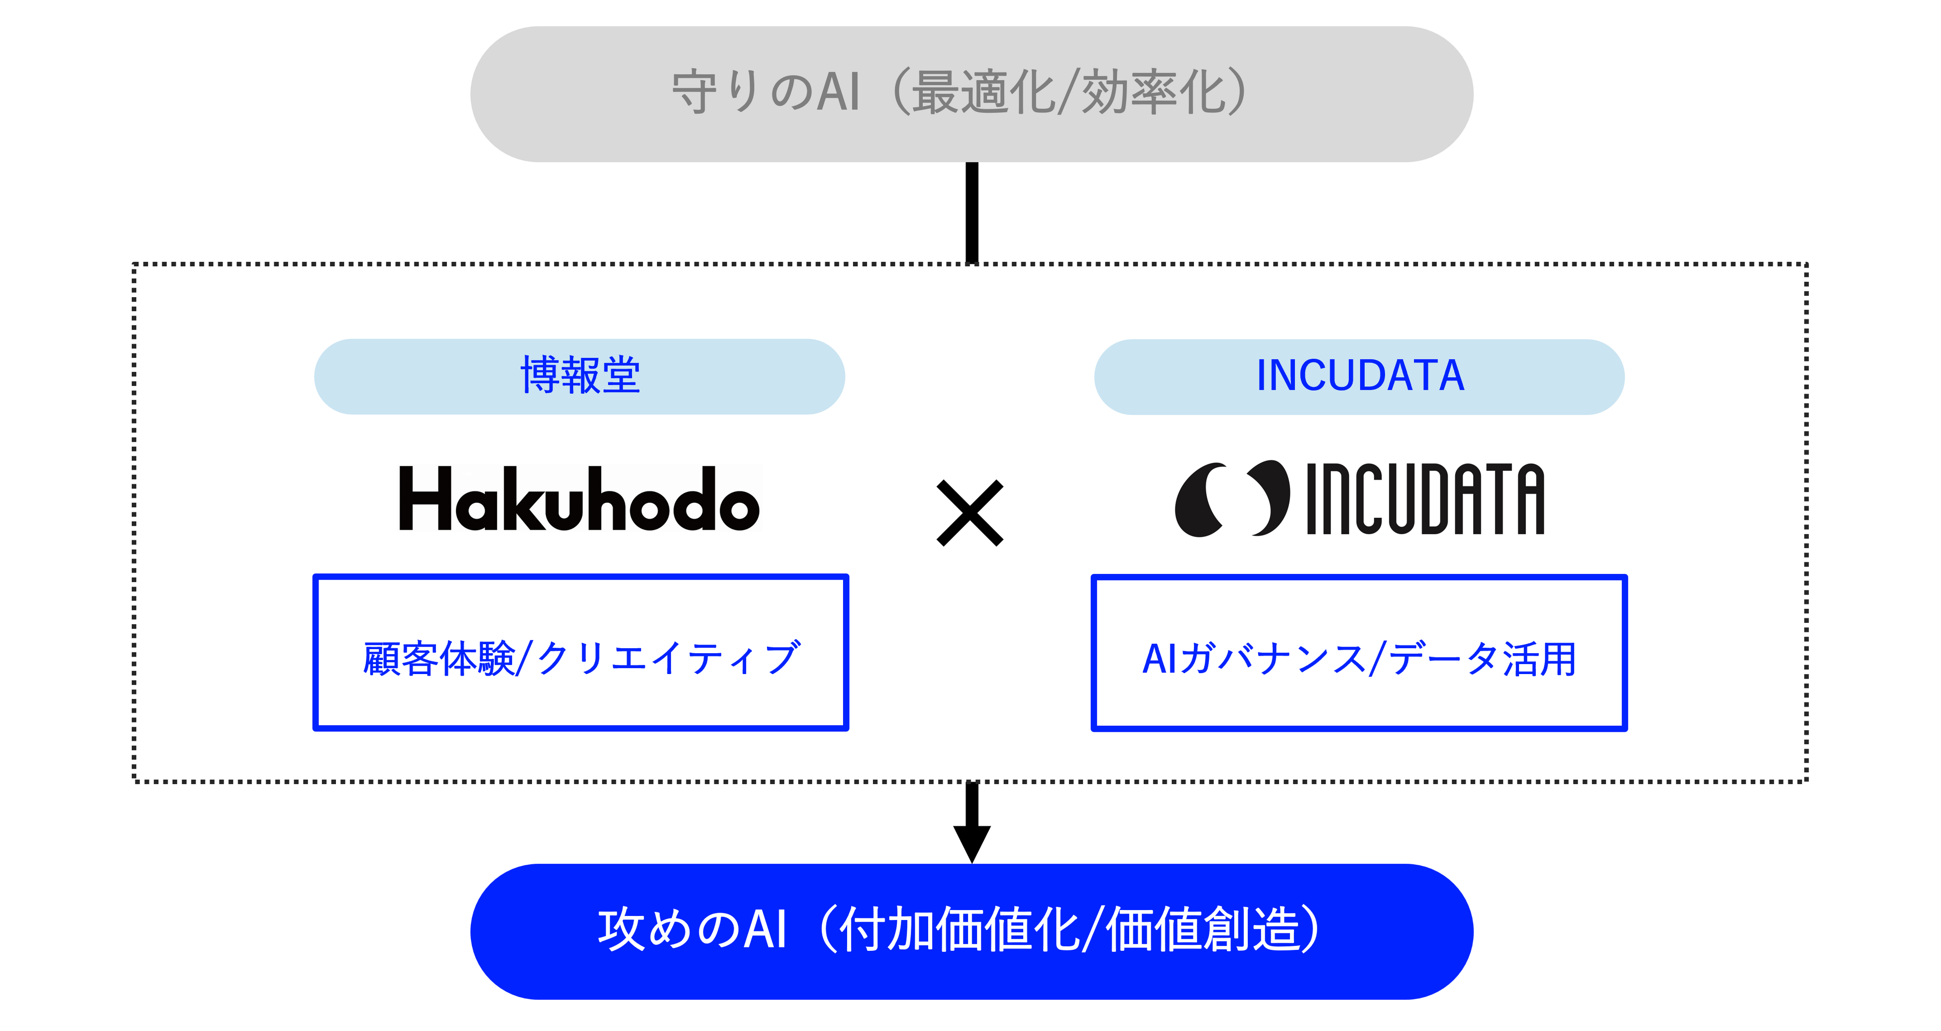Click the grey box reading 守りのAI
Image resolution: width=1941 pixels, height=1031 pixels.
pos(971,94)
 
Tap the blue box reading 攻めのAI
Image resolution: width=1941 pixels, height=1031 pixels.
pos(971,931)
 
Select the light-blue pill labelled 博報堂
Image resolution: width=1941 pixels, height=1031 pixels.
pos(579,376)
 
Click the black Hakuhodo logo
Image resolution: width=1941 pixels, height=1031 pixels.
pos(579,498)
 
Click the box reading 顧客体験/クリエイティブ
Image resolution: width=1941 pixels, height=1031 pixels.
pos(581,653)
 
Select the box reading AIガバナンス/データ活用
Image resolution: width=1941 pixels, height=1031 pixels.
pos(1359,653)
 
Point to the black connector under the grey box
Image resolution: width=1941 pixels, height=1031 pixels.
pos(972,213)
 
